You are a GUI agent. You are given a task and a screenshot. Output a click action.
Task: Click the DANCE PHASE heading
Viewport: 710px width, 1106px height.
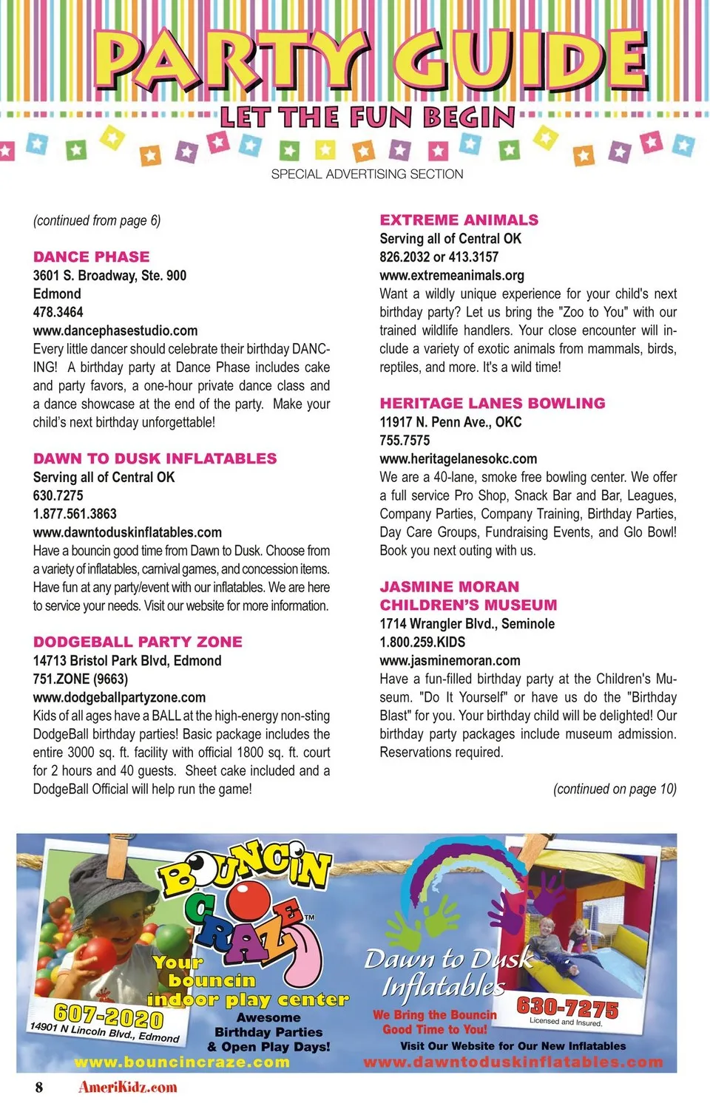[91, 257]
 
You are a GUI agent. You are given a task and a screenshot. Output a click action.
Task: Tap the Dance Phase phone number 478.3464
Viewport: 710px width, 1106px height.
[58, 312]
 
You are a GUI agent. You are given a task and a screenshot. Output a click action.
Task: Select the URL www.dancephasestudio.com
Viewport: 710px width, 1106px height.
[115, 330]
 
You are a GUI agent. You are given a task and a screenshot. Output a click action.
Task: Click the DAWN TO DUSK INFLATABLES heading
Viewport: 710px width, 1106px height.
[155, 458]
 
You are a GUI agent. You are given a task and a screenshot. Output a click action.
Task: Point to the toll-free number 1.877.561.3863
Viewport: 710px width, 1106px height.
[75, 514]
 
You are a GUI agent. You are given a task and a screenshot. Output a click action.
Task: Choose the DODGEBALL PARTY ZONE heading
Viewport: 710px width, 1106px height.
[138, 642]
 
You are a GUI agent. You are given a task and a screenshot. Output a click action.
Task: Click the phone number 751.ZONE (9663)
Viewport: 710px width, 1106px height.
[80, 679]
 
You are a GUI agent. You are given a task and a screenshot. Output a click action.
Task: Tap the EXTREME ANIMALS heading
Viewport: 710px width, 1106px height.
[459, 220]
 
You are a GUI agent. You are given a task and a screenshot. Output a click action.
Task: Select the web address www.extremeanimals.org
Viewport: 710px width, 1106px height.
[451, 275]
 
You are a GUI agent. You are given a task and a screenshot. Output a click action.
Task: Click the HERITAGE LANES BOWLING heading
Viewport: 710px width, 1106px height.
[492, 403]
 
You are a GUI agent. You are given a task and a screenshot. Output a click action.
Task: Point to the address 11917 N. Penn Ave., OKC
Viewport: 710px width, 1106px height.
[450, 421]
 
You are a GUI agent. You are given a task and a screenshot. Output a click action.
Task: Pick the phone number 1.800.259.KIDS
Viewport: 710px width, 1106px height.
[422, 642]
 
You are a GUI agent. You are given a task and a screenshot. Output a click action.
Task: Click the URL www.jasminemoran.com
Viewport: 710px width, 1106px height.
[450, 660]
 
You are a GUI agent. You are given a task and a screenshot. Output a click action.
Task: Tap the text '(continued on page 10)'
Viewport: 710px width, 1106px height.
[614, 789]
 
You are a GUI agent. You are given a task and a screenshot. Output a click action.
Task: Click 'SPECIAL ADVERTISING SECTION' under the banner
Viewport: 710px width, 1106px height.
[367, 174]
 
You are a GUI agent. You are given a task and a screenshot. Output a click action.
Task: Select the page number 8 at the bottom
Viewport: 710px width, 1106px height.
[39, 1087]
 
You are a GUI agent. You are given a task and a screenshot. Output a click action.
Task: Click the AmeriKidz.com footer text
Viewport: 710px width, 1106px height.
[128, 1087]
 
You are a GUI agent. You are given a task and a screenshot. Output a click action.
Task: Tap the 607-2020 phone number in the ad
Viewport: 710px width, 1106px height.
[108, 1017]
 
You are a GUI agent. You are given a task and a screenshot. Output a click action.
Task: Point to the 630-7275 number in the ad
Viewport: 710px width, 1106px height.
[567, 1007]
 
